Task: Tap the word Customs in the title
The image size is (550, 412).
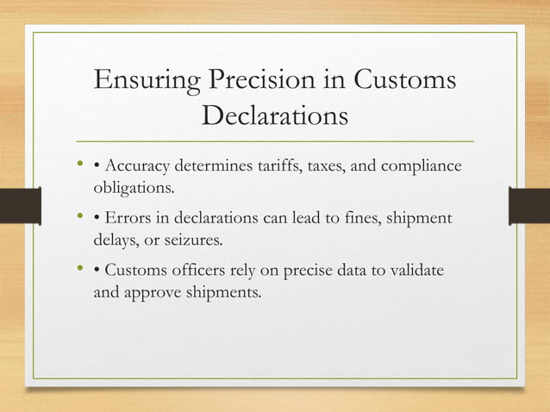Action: click(x=404, y=82)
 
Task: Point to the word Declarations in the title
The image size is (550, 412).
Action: click(x=274, y=115)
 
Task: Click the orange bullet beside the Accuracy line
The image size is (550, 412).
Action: click(x=79, y=164)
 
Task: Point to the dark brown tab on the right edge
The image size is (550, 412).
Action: click(x=529, y=205)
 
